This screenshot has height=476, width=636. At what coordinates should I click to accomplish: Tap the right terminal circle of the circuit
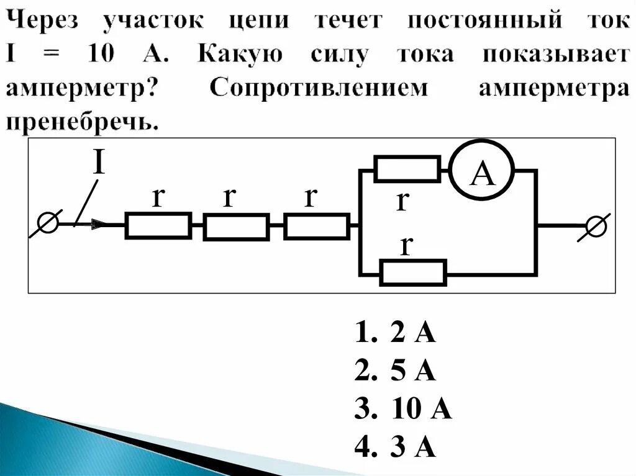point(596,227)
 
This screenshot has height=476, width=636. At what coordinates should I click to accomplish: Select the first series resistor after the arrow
point(158,226)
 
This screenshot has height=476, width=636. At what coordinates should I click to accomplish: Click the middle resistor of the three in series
point(236,227)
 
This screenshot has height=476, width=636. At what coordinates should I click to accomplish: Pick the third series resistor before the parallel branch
point(316,227)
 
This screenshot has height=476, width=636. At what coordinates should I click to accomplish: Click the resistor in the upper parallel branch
point(407,169)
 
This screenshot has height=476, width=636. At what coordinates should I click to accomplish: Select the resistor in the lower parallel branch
point(413,272)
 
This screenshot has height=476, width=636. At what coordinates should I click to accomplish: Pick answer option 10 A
point(403,409)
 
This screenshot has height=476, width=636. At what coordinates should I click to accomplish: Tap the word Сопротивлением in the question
point(319,88)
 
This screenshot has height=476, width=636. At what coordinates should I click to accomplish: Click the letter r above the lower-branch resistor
point(406,245)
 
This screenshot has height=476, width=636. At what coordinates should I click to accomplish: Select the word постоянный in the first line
point(485,21)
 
